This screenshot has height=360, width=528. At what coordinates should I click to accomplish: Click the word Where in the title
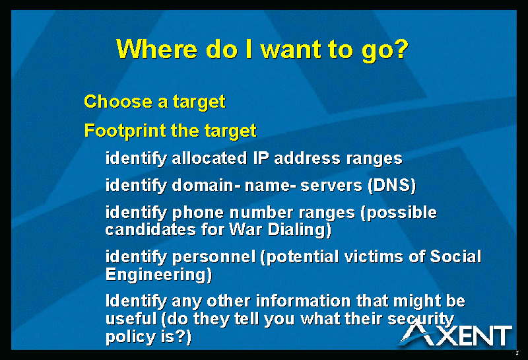156,50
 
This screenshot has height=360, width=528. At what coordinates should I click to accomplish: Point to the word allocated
209,158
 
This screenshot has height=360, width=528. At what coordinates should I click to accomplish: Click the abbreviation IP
261,158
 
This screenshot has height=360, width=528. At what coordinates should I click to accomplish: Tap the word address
307,158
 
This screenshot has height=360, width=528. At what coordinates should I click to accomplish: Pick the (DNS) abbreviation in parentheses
391,186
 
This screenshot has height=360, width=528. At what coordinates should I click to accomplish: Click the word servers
331,186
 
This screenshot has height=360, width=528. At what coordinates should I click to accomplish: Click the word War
246,230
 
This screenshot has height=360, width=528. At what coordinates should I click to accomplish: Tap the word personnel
214,257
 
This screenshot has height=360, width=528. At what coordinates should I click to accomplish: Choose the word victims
374,256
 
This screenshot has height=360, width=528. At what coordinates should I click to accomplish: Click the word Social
455,256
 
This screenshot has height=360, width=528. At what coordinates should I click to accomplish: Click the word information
303,301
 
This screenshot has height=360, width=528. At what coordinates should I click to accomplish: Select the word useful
131,318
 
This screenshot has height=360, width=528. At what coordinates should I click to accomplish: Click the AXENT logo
455,334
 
